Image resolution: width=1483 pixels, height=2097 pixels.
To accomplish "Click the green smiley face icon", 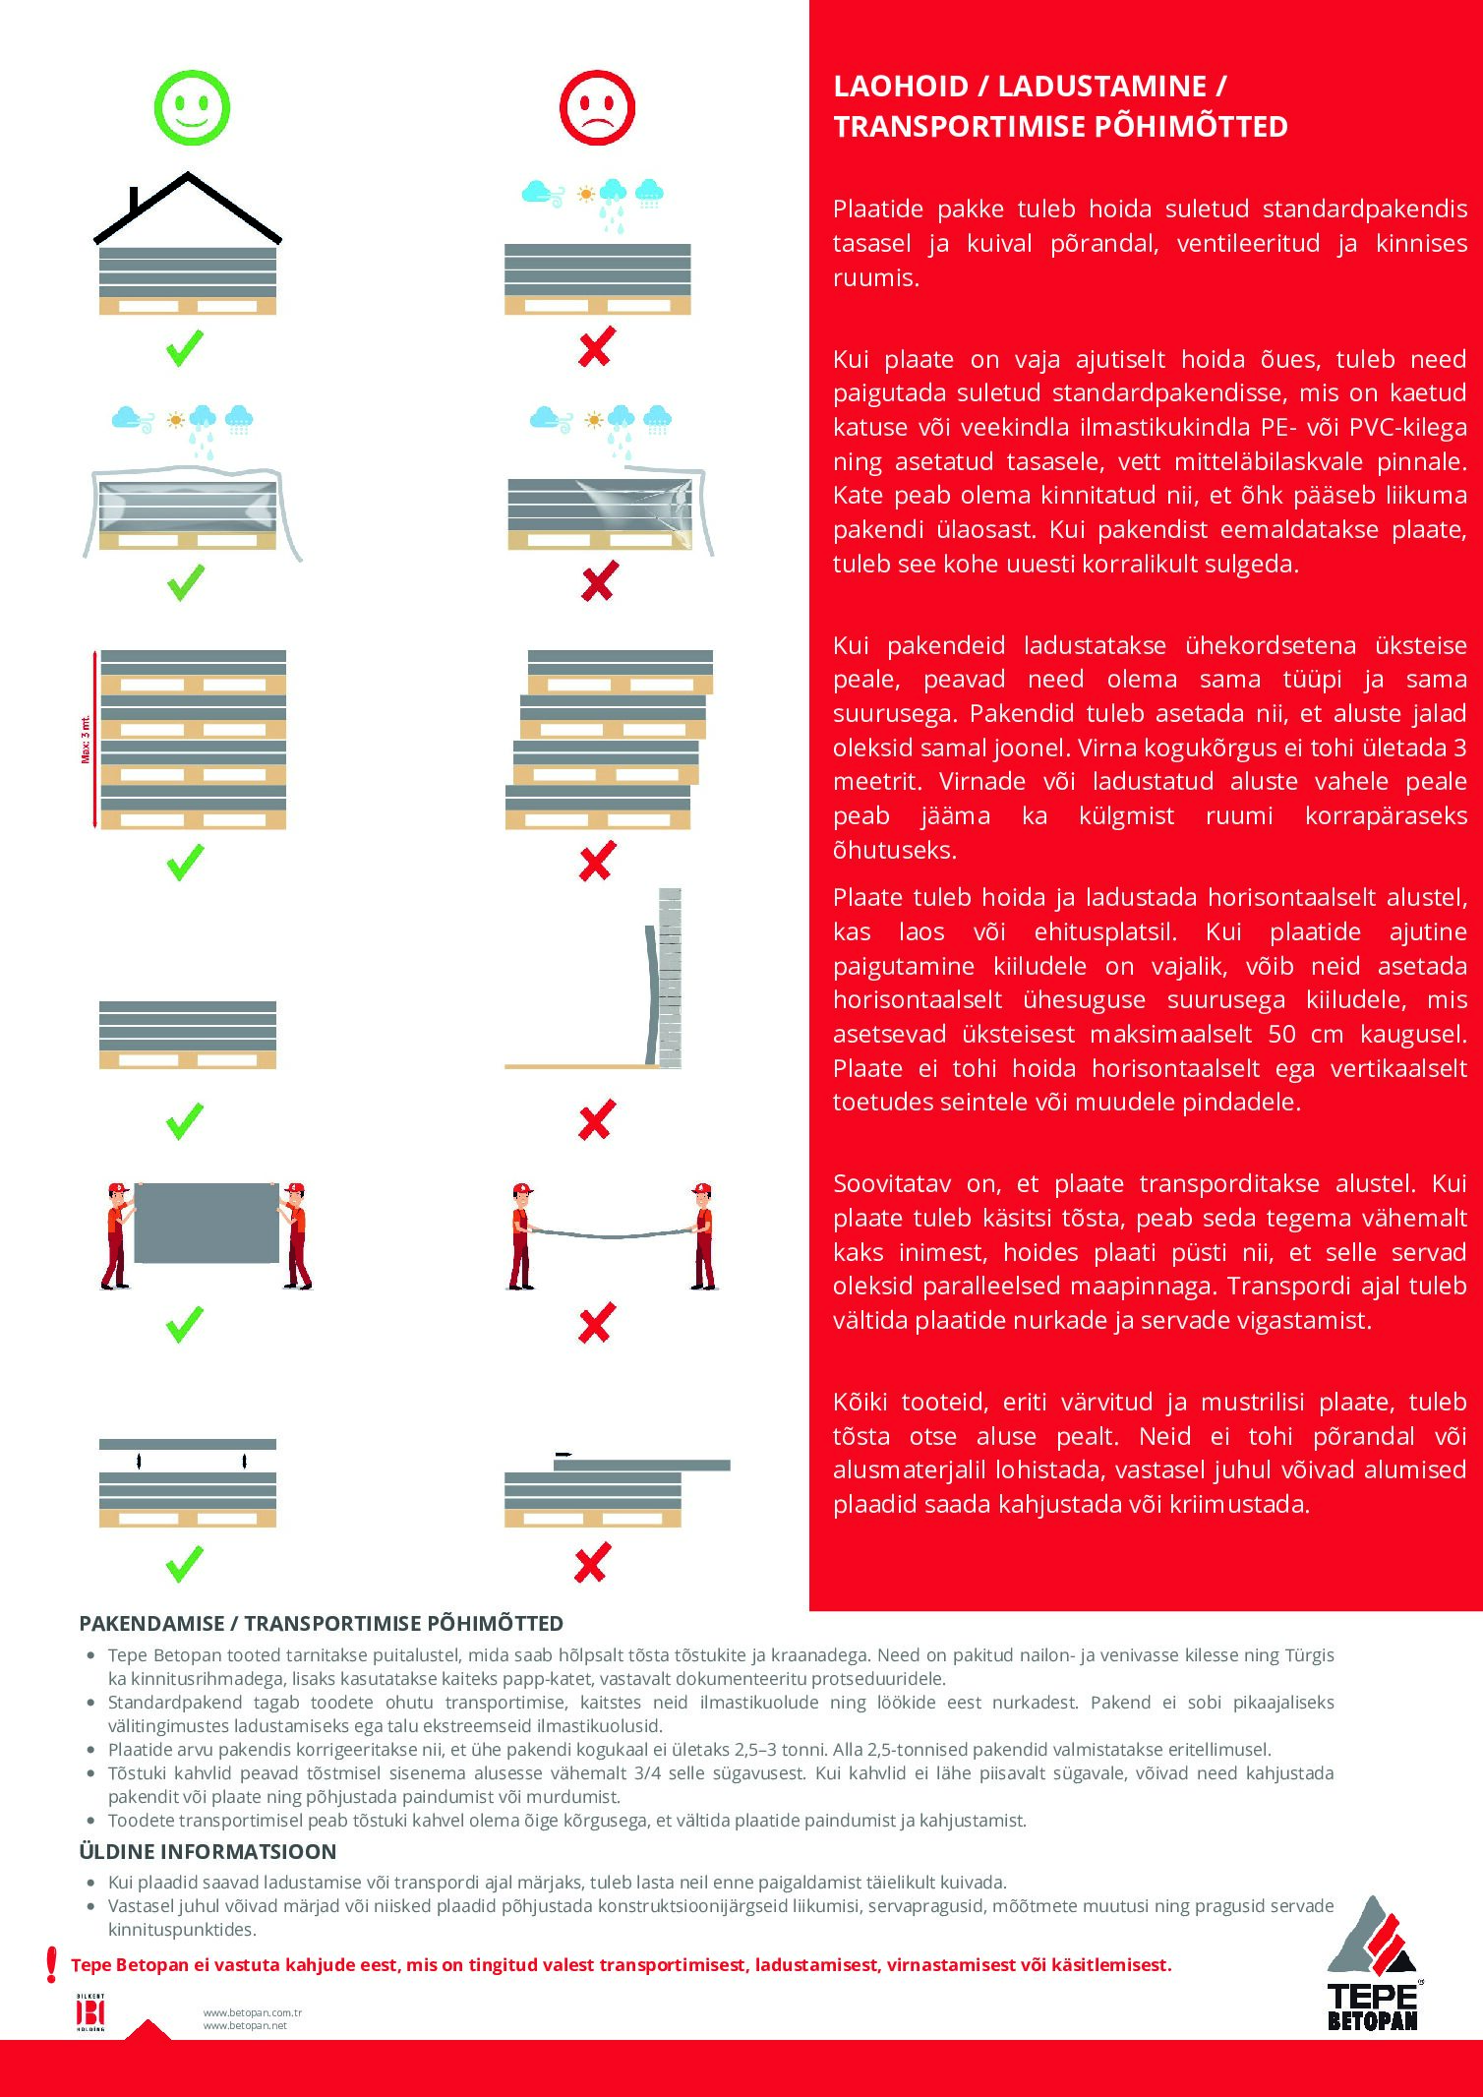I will [x=192, y=107].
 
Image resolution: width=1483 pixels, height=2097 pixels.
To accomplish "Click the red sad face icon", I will [x=597, y=107].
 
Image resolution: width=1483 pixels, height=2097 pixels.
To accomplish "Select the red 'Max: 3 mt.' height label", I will [x=87, y=739].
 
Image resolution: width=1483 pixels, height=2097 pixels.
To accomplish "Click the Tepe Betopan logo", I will [x=1374, y=1967].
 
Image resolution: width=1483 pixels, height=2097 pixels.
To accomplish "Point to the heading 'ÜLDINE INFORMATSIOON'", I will [x=208, y=1852].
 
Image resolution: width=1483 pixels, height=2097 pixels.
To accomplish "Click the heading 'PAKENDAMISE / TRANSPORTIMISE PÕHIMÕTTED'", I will [x=321, y=1624].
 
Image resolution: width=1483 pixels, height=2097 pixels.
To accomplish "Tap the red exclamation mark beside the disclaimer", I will [x=52, y=1964].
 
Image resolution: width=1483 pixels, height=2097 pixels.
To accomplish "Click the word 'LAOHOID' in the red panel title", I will [x=901, y=87].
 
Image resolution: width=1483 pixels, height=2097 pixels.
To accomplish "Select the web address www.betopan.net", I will [x=245, y=2026].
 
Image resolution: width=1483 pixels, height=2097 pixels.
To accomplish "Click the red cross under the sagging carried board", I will [x=597, y=1323].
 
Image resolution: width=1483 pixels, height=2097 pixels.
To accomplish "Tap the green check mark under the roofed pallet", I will [x=185, y=348].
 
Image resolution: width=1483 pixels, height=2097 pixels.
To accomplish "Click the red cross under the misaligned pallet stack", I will [x=597, y=861].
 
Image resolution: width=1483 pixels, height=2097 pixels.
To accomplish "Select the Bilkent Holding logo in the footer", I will [x=90, y=2011].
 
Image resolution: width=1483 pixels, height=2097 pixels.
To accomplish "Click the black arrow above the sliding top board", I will [x=564, y=1454].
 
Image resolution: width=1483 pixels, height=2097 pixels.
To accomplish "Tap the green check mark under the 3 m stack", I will [x=185, y=862].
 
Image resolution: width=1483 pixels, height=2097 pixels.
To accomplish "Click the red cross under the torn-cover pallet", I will [x=598, y=581].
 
